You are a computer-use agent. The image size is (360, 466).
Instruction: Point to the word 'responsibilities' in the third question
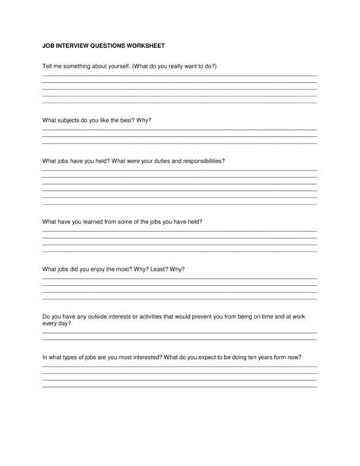click(x=200, y=161)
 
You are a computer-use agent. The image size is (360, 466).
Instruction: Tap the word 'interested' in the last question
click(x=143, y=357)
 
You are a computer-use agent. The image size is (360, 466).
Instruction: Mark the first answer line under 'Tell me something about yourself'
click(x=179, y=76)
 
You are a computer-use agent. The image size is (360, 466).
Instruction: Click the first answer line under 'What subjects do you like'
click(x=179, y=130)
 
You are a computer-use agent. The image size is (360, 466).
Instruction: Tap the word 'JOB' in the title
click(x=47, y=46)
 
